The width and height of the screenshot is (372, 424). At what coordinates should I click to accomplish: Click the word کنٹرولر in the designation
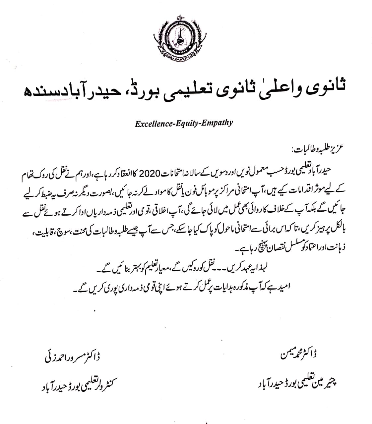pyautogui.click(x=102, y=387)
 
